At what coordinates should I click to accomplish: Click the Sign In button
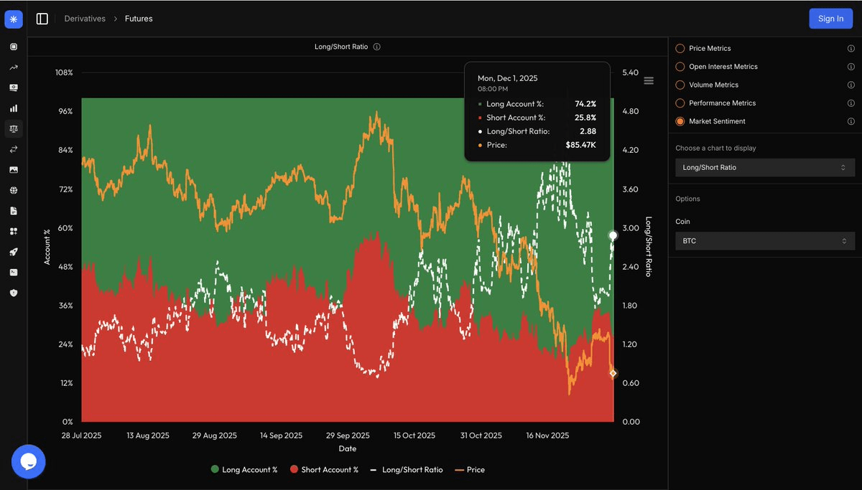click(x=830, y=19)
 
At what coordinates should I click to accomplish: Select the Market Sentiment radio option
click(x=680, y=121)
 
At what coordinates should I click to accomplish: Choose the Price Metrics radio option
click(x=680, y=48)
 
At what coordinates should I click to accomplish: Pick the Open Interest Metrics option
click(x=680, y=67)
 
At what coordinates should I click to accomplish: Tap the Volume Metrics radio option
click(x=680, y=85)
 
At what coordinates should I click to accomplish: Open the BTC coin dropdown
click(x=764, y=241)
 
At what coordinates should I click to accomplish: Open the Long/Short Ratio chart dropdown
click(x=764, y=167)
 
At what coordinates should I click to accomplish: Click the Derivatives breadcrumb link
click(x=85, y=19)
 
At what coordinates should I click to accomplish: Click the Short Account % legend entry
click(x=324, y=470)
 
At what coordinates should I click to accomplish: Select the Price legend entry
click(x=471, y=470)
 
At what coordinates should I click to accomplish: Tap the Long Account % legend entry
click(x=244, y=470)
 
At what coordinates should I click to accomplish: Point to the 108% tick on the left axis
click(x=64, y=73)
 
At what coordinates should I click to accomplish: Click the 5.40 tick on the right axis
click(x=630, y=73)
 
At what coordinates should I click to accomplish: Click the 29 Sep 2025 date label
click(x=348, y=435)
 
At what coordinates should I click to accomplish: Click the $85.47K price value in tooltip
click(x=580, y=145)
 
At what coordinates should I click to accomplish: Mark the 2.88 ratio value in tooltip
click(x=588, y=131)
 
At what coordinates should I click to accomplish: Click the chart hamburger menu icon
click(x=649, y=81)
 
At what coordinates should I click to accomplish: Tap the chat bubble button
click(x=29, y=461)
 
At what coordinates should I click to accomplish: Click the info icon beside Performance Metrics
click(x=851, y=103)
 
